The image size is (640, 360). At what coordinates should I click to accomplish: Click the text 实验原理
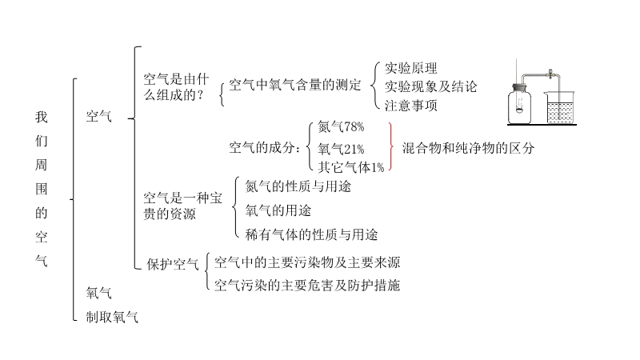pos(411,68)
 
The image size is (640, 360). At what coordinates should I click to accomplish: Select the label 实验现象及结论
pos(430,86)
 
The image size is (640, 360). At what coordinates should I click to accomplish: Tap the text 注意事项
pos(411,104)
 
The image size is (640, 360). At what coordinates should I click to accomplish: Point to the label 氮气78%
pos(341,127)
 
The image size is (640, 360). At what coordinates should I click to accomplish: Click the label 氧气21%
pos(341,148)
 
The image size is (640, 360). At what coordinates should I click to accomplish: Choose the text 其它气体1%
pos(351,167)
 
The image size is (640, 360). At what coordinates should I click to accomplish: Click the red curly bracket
pos(390,147)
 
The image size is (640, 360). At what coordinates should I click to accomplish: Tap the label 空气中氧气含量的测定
pos(295,84)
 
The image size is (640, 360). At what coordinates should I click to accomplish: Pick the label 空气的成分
pos(265,147)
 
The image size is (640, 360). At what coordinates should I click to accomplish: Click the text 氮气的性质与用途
pos(298,186)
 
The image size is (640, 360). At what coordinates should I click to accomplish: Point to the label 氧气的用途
pos(278,210)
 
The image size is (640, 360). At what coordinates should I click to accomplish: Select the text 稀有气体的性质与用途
pos(312,234)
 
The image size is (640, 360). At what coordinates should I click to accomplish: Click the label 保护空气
pos(172,264)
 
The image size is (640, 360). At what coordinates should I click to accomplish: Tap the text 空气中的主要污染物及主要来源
pos(308,262)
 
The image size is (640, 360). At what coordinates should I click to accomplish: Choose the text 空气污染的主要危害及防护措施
pos(308,285)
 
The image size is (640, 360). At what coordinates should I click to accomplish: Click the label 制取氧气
pos(112,317)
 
